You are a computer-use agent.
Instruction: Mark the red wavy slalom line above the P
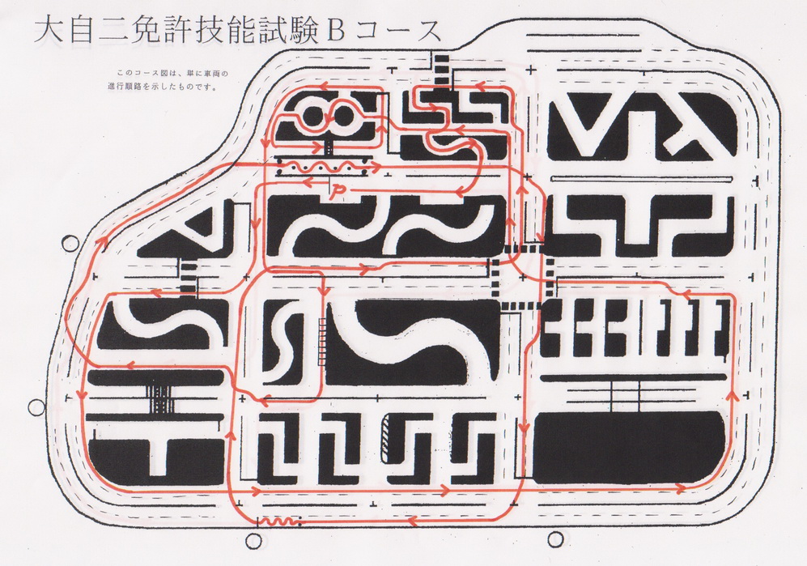325,166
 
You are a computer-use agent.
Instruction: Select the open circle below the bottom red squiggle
253,540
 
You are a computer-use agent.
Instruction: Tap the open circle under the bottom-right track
554,539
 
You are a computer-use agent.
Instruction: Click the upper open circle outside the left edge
70,242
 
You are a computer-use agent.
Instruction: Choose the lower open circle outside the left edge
36,407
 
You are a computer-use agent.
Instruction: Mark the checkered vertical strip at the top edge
438,70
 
